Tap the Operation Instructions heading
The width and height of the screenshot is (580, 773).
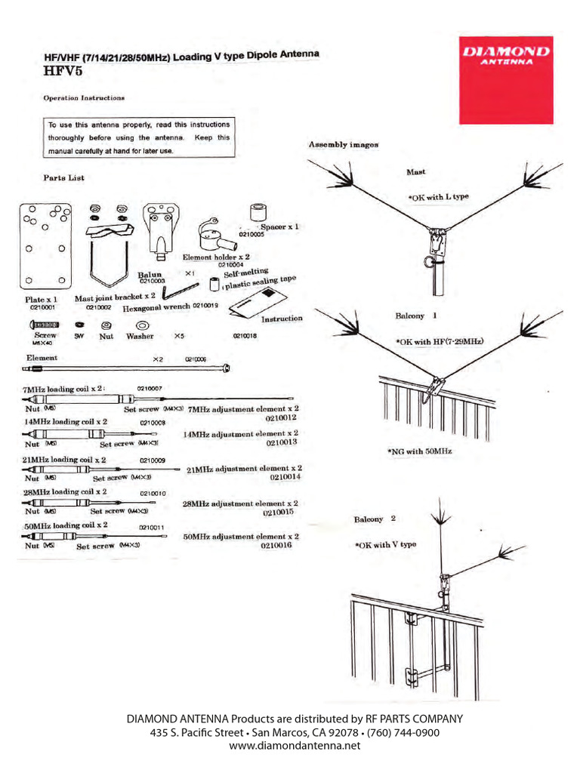click(84, 98)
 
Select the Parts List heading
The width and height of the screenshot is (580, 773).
click(63, 178)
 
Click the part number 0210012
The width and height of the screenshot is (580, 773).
click(280, 417)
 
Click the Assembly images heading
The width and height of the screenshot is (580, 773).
click(344, 144)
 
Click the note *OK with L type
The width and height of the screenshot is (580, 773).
click(438, 197)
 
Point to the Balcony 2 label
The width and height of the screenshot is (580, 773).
click(375, 519)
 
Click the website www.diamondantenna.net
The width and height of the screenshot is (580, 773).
click(289, 745)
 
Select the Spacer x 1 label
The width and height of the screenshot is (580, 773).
click(279, 226)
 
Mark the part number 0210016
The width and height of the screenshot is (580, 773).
click(276, 545)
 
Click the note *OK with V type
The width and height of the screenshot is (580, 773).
click(386, 544)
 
